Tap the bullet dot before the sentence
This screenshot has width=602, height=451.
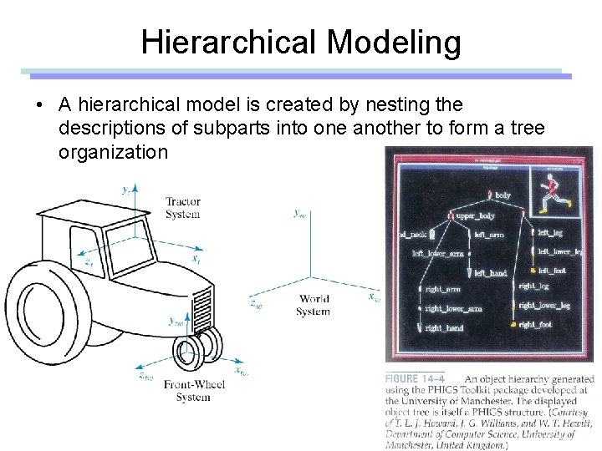tap(38, 106)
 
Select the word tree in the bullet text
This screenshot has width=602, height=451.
tap(526, 128)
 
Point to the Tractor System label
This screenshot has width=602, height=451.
tap(182, 207)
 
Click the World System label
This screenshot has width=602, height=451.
tap(313, 305)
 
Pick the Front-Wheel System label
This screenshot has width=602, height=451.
tap(193, 391)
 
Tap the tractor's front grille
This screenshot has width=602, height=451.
tap(203, 308)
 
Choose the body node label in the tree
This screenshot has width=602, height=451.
tap(503, 195)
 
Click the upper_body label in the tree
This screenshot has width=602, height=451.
tap(475, 215)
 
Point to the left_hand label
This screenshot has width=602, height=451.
tap(491, 273)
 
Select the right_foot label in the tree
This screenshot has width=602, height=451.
tap(535, 325)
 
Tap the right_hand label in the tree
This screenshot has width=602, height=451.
tap(444, 328)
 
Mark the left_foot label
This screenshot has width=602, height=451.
tap(552, 271)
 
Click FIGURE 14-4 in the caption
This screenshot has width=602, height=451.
tap(414, 378)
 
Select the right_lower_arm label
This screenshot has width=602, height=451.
tap(453, 309)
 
